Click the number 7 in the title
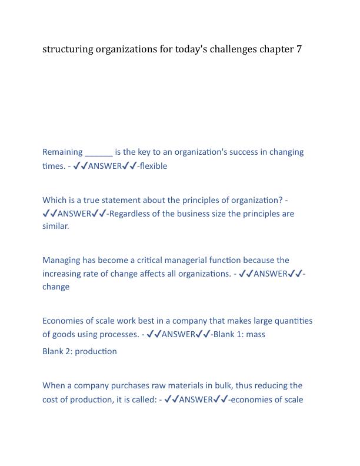pos(298,49)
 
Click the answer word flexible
pos(154,166)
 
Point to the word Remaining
pos(62,152)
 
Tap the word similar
pos(55,226)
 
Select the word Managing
pos(62,260)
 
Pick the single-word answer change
pos(56,287)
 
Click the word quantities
pos(292,321)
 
